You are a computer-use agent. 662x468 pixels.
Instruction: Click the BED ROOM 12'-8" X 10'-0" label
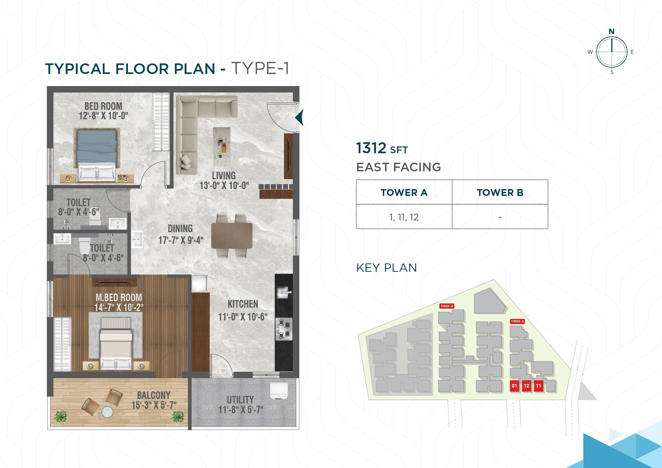pos(103,111)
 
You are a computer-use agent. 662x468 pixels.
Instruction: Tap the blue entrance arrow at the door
pos(299,117)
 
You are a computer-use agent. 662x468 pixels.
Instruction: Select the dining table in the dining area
pos(232,236)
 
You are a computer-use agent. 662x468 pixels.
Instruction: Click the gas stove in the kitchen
pos(284,329)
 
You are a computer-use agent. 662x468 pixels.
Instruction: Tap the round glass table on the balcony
pos(107,412)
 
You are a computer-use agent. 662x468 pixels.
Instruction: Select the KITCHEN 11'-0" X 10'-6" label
pos(243,310)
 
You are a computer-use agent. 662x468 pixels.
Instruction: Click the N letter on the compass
pos(611,31)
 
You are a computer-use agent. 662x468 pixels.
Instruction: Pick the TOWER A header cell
pos(404,192)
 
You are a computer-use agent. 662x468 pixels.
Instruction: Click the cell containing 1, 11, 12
pos(404,217)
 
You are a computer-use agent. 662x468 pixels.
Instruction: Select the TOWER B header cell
pos(500,192)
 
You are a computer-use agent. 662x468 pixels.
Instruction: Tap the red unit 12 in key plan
pos(527,386)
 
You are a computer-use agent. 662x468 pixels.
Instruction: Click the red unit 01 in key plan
pos(514,386)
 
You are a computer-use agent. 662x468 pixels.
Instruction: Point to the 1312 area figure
pos(371,148)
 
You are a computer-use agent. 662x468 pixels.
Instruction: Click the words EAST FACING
pos(399,167)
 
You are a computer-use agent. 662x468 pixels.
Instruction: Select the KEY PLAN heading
pos(386,268)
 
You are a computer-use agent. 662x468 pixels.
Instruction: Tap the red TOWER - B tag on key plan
pos(446,306)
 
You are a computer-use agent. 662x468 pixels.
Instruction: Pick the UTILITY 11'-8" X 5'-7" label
pos(240,405)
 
